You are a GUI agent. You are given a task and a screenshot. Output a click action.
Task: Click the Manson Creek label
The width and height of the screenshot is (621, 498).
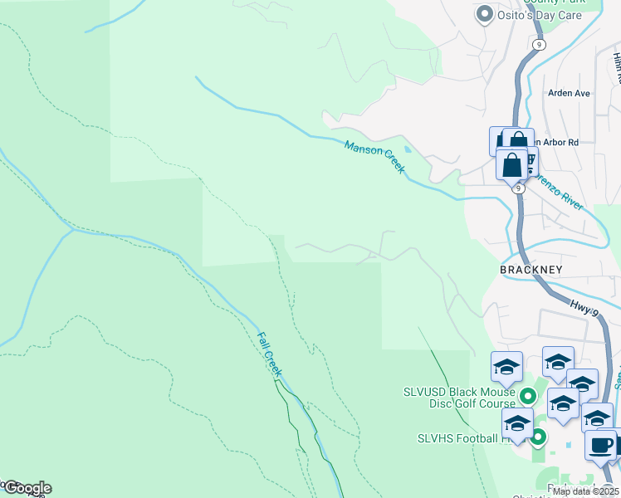[375, 157]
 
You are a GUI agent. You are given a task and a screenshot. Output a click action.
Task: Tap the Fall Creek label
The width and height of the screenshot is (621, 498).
[269, 354]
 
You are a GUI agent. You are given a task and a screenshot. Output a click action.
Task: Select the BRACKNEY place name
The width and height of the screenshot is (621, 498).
[531, 270]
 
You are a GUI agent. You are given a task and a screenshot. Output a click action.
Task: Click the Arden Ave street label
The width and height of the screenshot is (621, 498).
[569, 93]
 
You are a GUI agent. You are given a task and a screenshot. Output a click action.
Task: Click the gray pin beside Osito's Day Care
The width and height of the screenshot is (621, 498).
[484, 14]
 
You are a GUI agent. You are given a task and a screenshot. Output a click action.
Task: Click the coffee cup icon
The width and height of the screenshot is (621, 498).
[600, 445]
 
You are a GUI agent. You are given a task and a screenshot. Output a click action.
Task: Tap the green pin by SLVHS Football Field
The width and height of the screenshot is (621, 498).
[539, 436]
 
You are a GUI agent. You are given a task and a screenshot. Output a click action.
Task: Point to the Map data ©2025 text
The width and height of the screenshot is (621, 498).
[584, 491]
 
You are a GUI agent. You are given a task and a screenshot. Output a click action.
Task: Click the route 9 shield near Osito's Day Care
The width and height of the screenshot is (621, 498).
[539, 44]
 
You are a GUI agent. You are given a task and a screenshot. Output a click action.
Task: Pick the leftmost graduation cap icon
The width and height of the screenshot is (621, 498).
[506, 366]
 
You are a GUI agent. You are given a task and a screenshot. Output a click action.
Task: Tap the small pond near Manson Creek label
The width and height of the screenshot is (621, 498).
[406, 149]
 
